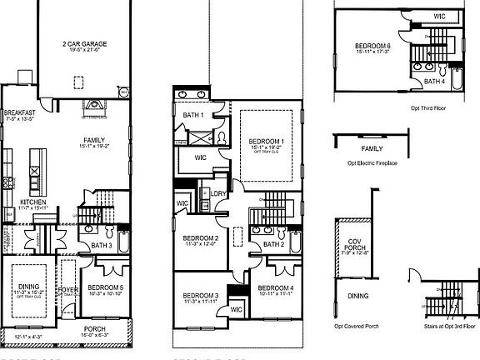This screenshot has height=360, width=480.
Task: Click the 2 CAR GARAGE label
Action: pos(85,42)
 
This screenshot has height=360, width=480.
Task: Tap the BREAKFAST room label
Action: pos(18,112)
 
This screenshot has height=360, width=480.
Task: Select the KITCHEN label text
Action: pos(32,202)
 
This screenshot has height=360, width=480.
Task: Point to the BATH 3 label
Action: pos(102,246)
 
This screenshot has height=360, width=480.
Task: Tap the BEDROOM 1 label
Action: pos(266,142)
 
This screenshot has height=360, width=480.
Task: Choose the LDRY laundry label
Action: pos(219,193)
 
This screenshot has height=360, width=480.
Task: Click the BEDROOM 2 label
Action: pos(200,238)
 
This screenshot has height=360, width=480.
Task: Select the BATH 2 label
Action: pos(274,244)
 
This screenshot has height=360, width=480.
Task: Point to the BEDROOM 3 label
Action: pos(200,296)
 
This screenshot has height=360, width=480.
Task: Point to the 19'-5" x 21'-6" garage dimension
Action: pos(85,50)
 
